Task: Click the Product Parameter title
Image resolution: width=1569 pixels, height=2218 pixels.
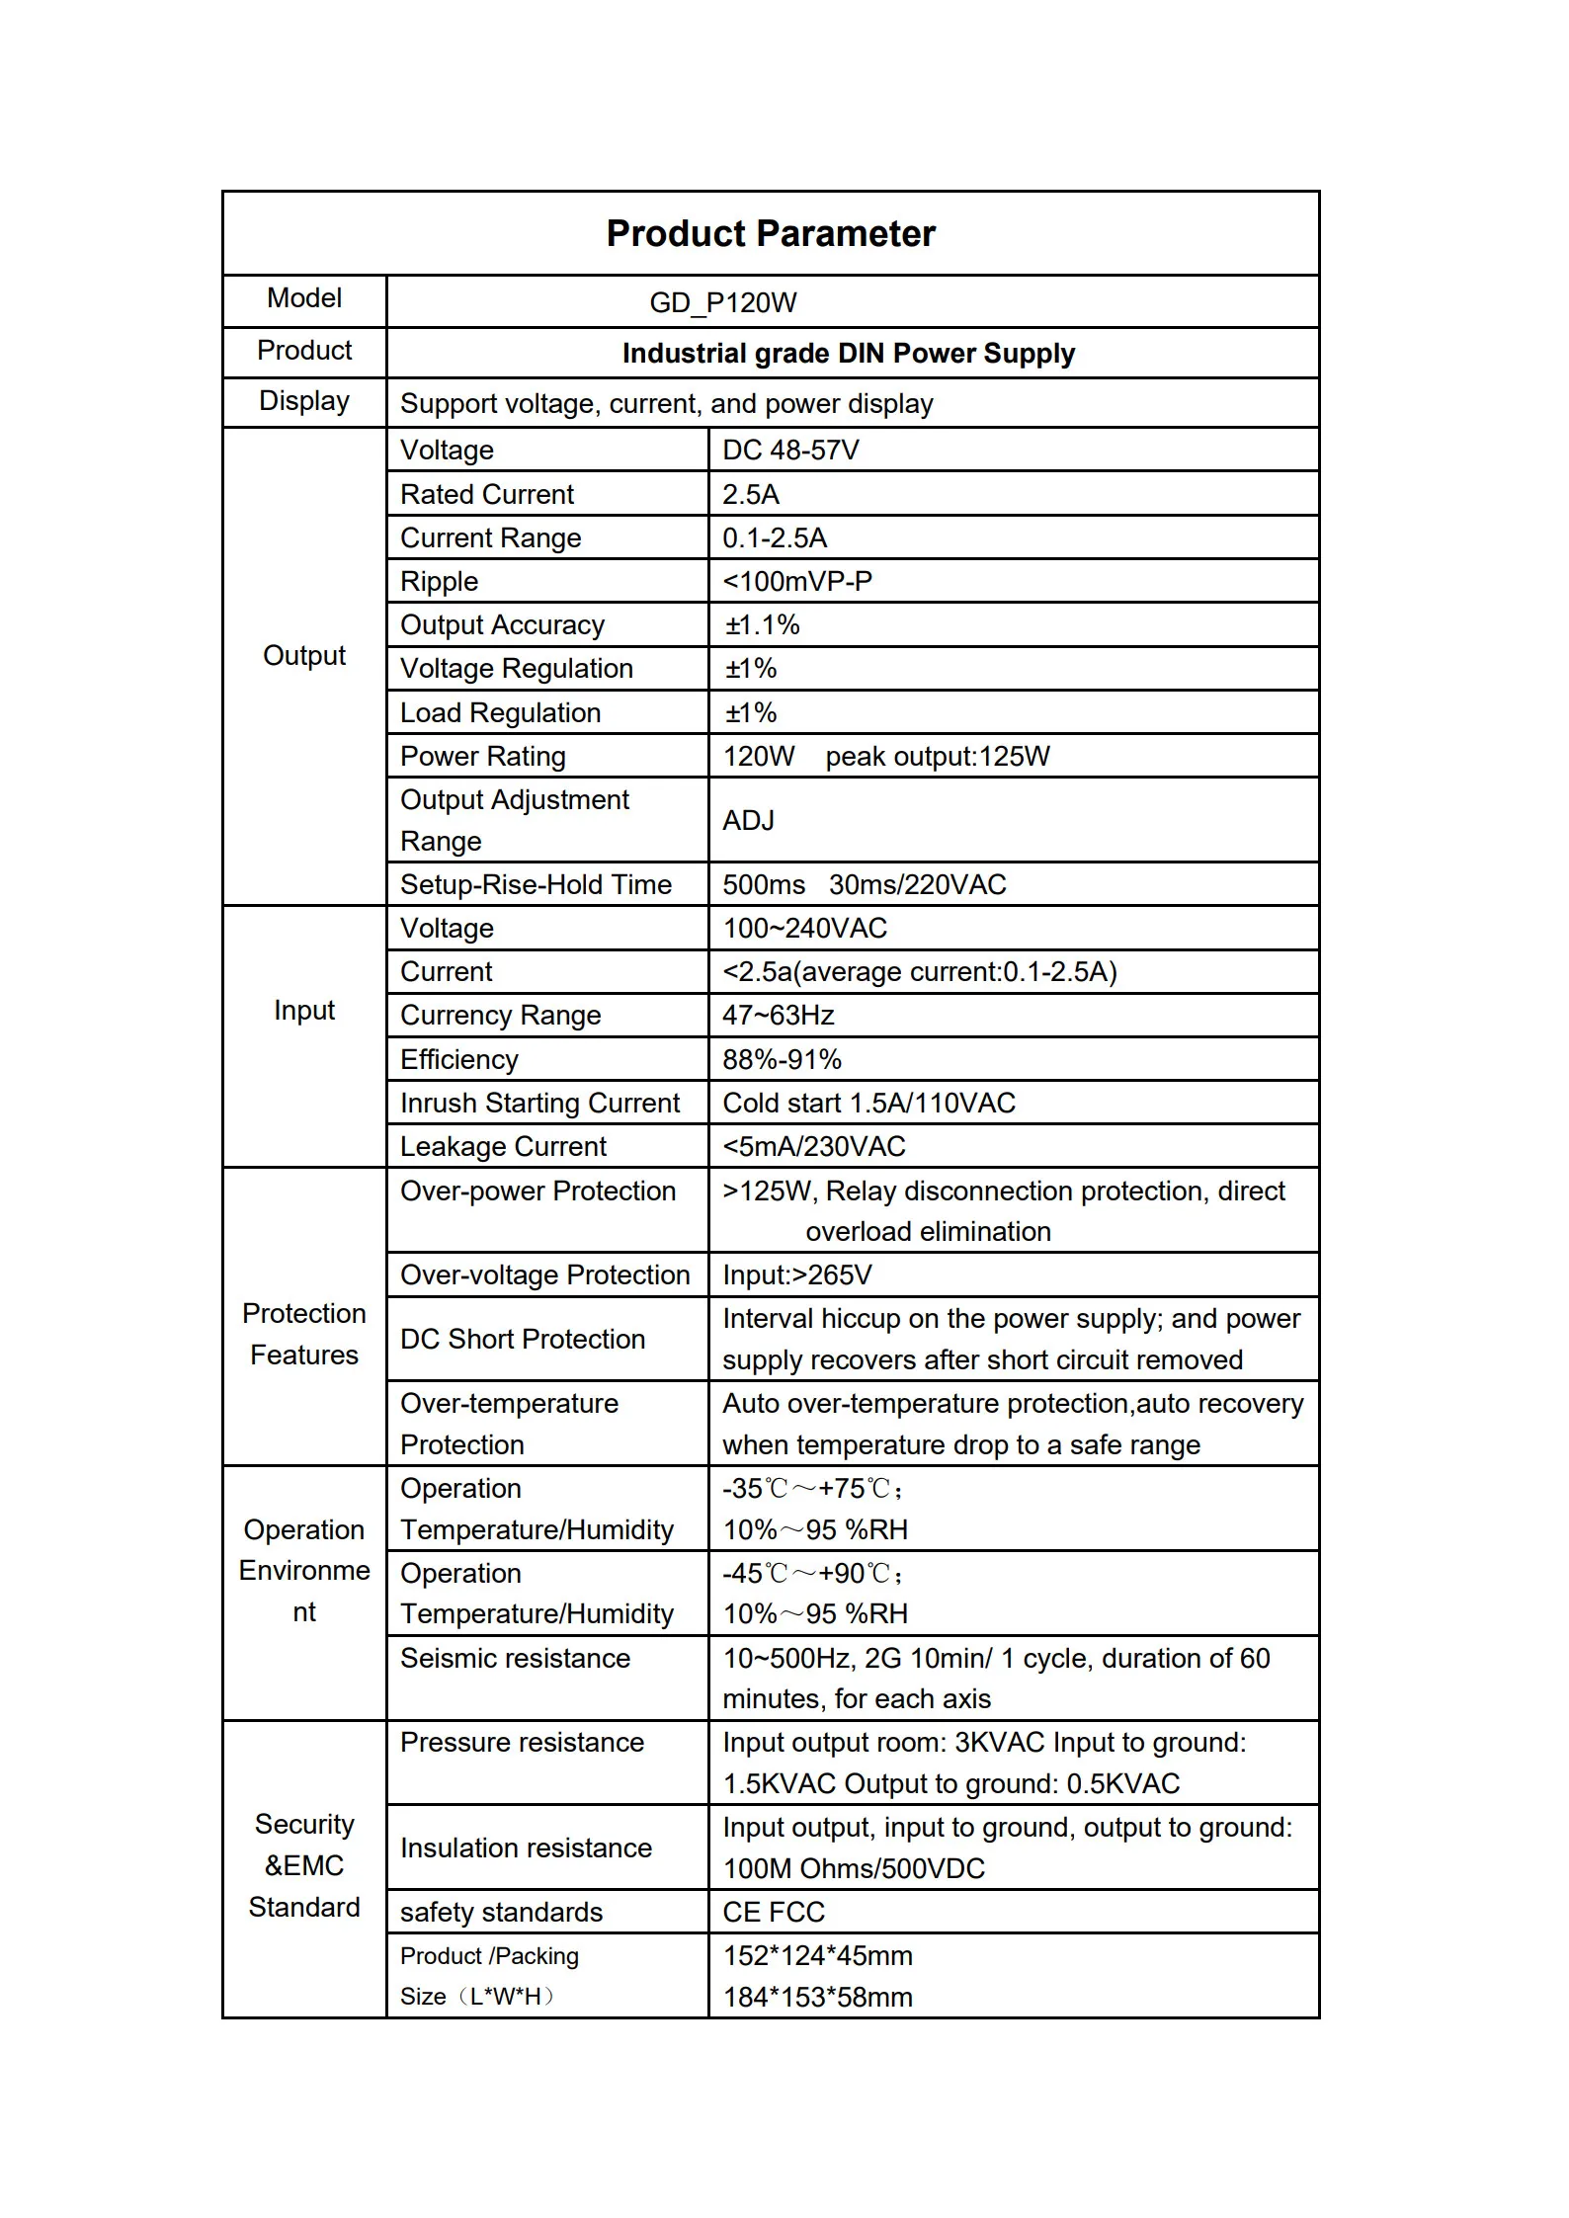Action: (x=770, y=234)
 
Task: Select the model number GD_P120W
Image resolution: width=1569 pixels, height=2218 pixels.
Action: (x=722, y=302)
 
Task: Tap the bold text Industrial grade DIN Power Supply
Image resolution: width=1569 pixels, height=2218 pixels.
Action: (x=848, y=354)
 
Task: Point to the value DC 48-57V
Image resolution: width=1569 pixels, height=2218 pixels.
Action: (x=790, y=451)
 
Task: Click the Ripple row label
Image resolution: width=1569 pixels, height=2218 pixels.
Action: (x=439, y=582)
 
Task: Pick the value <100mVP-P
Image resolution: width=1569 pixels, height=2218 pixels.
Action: (x=796, y=582)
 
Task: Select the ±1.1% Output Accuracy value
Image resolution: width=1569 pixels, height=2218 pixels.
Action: (x=762, y=625)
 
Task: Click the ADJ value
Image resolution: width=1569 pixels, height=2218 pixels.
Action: (x=748, y=821)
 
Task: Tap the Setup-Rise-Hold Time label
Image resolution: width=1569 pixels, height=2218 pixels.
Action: (x=536, y=885)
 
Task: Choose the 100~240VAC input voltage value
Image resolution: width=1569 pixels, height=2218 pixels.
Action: (x=804, y=929)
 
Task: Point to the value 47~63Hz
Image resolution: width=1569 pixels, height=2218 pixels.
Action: (x=778, y=1016)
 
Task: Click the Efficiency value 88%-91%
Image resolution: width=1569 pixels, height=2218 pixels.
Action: (x=782, y=1060)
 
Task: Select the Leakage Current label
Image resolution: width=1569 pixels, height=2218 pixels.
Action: (x=503, y=1147)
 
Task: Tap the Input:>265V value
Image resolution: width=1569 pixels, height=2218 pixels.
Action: (x=796, y=1275)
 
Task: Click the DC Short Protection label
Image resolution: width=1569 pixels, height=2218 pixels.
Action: (x=522, y=1340)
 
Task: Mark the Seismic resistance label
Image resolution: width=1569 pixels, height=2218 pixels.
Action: (x=515, y=1659)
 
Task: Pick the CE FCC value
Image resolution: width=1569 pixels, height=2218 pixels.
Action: (x=773, y=1913)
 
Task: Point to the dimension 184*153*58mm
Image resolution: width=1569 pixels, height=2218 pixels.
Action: (x=817, y=1998)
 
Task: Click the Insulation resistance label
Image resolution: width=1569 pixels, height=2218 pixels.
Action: (x=526, y=1848)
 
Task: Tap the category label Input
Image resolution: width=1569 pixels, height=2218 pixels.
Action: (x=304, y=1011)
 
